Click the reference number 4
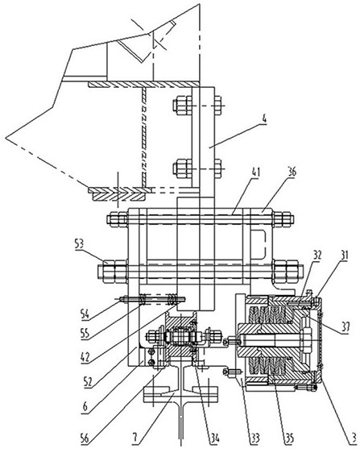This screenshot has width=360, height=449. (264, 119)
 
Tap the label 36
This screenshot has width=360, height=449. (292, 172)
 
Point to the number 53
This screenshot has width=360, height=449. (78, 244)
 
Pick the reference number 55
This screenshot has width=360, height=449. (85, 334)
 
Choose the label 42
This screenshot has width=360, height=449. (85, 357)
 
